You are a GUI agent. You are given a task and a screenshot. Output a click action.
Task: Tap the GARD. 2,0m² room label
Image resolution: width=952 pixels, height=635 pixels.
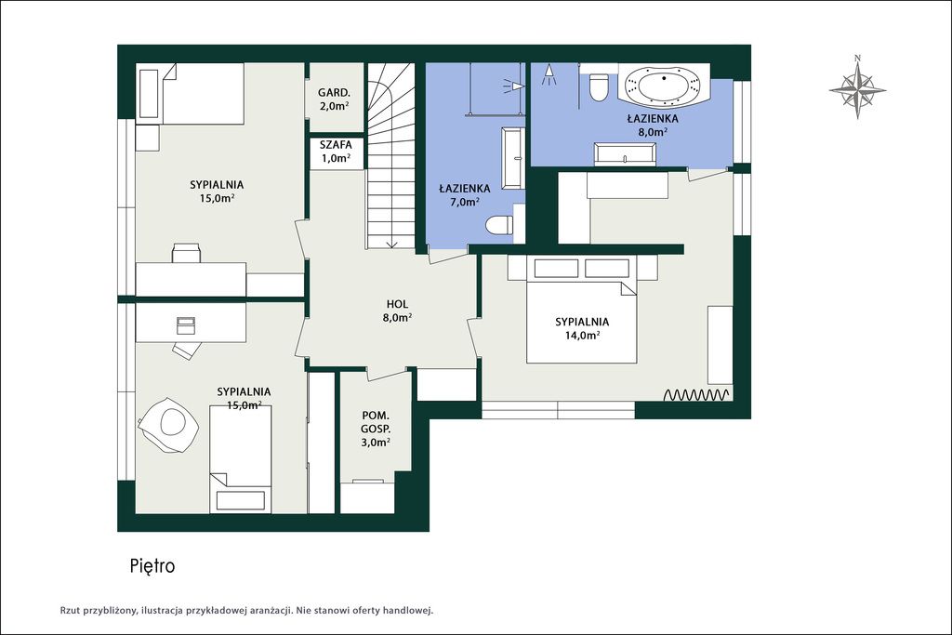click(334, 99)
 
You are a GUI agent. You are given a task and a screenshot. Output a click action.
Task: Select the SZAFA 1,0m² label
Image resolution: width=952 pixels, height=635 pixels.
click(336, 152)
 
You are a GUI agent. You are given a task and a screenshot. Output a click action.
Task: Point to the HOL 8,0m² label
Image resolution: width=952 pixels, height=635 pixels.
click(397, 311)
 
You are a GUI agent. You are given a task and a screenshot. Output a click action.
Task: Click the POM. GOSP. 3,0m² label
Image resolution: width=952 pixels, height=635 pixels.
click(376, 429)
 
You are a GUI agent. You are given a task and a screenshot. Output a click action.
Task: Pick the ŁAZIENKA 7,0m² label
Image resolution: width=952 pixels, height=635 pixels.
click(465, 195)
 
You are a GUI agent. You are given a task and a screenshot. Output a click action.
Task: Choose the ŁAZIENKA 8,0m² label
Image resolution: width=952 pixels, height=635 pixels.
click(653, 125)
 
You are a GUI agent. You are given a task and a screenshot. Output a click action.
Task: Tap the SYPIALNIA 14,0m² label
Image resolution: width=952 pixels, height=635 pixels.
click(582, 328)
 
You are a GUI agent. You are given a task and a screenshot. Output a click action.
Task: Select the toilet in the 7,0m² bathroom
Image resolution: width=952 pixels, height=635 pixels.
click(499, 225)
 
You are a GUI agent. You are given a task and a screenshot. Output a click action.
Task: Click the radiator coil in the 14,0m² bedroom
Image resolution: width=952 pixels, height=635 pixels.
click(696, 395)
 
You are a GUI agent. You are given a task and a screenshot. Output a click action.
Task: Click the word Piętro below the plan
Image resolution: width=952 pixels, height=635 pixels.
click(152, 566)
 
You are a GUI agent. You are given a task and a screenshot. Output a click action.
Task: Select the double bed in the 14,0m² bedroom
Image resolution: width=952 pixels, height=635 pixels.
click(581, 322)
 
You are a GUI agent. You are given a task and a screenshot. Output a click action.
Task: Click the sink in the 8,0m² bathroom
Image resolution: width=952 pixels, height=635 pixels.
click(625, 154)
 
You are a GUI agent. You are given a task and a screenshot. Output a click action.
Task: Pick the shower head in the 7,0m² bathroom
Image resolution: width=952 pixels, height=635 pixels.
click(513, 86)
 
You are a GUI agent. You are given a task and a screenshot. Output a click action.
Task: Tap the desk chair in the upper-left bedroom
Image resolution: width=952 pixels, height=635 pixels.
click(186, 252)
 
